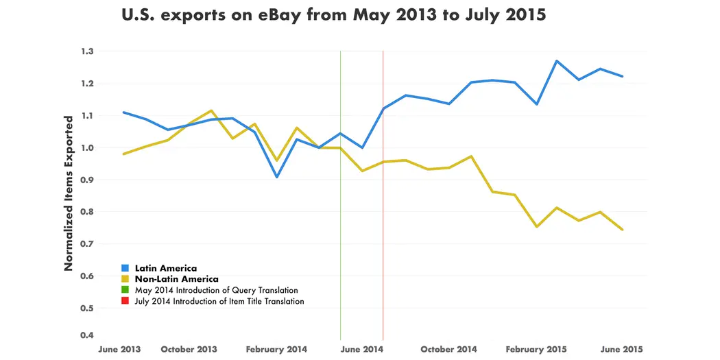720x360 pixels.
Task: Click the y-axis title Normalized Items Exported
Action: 69,193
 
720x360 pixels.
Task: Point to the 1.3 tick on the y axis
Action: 88,51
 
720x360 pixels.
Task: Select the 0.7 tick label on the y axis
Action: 88,244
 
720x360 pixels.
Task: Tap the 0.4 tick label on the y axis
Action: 88,335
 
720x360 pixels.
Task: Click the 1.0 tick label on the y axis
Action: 88,148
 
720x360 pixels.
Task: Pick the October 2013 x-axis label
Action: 189,350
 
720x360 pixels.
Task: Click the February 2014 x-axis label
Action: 276,350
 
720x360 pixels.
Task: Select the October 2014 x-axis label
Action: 448,350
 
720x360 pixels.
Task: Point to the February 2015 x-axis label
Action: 536,350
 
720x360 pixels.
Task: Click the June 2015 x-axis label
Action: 621,350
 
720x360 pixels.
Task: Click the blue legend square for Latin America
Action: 125,269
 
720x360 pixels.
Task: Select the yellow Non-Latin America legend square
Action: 125,280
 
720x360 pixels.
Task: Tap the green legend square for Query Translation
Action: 125,291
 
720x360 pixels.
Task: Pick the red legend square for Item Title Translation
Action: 125,302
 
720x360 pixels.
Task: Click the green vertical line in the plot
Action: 341,206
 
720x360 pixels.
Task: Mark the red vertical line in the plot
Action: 383,206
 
